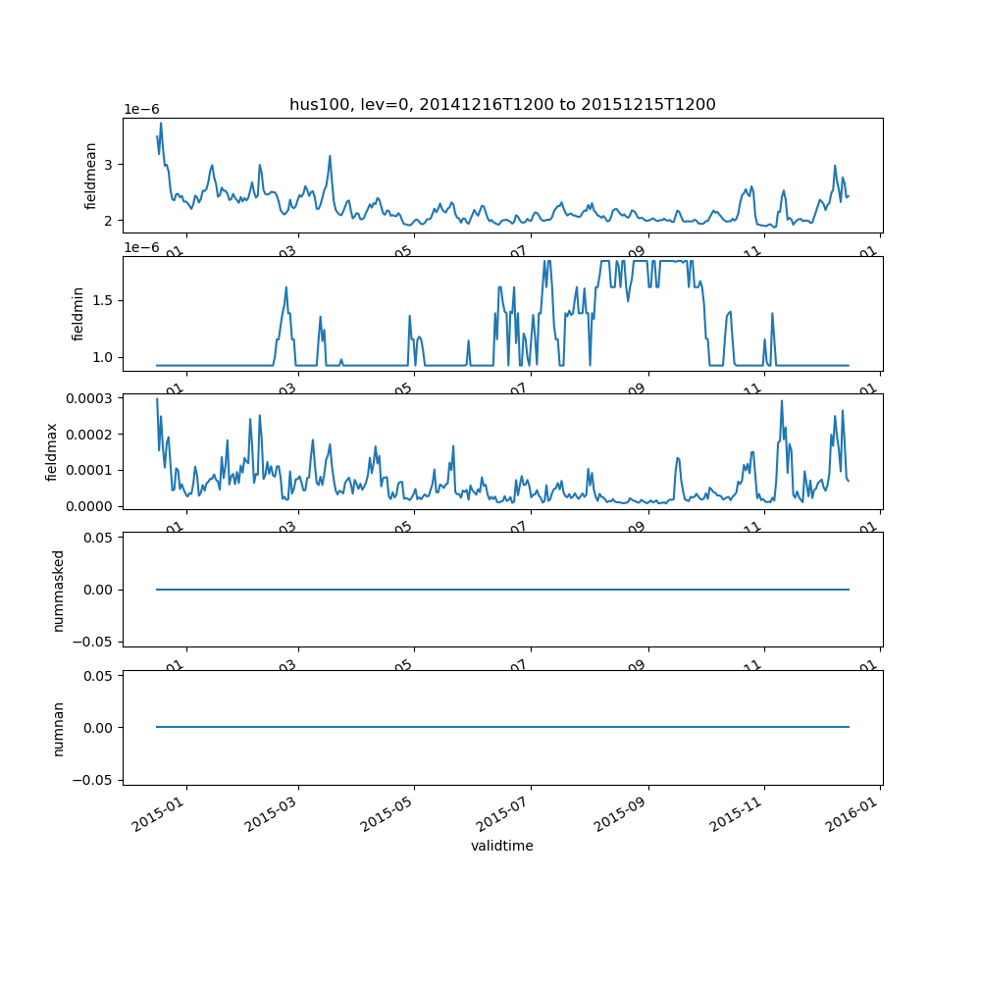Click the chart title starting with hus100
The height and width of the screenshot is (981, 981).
(502, 104)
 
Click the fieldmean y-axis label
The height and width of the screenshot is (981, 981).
(91, 176)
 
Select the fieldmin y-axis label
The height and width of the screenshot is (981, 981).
(78, 314)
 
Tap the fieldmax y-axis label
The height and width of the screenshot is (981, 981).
(52, 451)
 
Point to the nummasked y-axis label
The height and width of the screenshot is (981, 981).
(58, 590)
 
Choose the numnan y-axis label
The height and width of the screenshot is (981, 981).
(58, 728)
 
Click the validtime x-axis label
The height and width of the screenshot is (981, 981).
(502, 846)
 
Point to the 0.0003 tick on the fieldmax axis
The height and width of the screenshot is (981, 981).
(89, 397)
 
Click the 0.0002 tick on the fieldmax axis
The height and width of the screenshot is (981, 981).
(89, 434)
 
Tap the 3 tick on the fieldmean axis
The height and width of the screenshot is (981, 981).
(110, 164)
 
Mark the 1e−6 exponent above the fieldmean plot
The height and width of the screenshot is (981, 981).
(141, 109)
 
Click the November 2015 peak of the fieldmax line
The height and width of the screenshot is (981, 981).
(782, 400)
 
